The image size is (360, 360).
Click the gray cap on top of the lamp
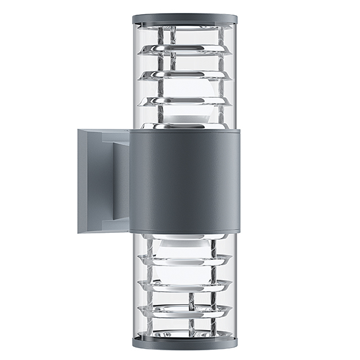pyautogui.click(x=185, y=19)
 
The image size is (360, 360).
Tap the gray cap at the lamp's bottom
pyautogui.click(x=185, y=341)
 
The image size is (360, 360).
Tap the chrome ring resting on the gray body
pyautogui.click(x=185, y=127)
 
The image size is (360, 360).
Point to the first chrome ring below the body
pyautogui.click(x=185, y=259)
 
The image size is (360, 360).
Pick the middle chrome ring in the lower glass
pyautogui.click(x=185, y=285)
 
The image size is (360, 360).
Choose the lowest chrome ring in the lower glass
pyautogui.click(x=185, y=309)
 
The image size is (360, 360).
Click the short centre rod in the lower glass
pyautogui.click(x=191, y=298)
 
